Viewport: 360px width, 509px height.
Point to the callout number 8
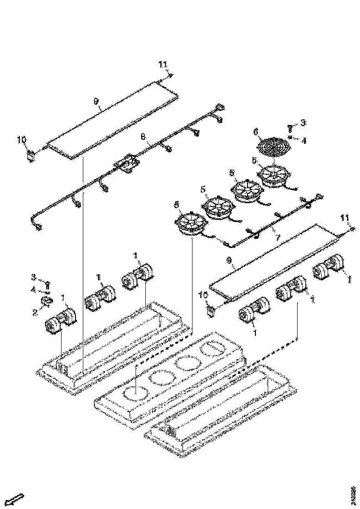pos(143,137)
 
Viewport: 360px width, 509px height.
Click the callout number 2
pos(35,311)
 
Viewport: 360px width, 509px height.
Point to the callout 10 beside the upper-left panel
pos(21,139)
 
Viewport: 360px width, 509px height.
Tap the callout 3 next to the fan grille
pos(303,123)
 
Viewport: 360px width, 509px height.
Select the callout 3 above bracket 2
pos(34,277)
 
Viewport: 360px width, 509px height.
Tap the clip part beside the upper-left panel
pos(31,155)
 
